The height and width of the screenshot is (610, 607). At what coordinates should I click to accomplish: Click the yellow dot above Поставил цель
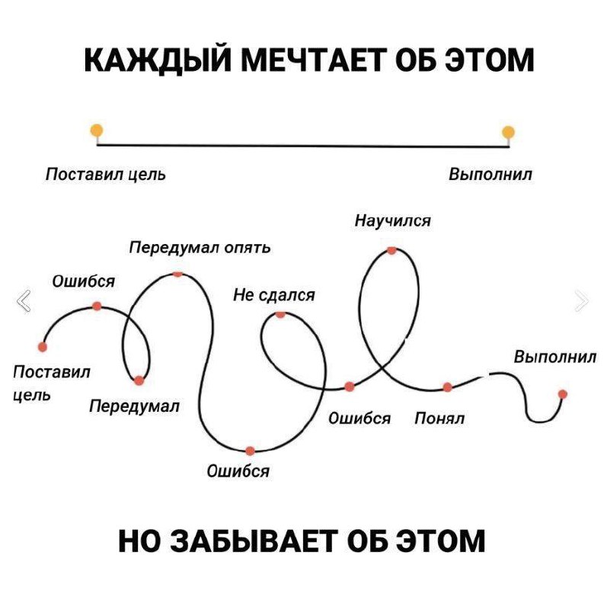point(97,130)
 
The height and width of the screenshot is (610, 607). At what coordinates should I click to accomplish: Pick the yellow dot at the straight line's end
point(508,132)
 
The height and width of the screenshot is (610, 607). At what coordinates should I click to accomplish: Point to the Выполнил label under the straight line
point(490,174)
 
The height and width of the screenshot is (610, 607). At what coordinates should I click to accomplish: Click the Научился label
point(393,221)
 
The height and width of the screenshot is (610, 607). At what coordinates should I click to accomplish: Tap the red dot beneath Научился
point(391,251)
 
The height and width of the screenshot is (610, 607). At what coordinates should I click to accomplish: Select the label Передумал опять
point(200,248)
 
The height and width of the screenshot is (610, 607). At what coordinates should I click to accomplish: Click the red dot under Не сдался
point(280,314)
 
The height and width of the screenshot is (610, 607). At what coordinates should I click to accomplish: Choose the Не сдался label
point(274,296)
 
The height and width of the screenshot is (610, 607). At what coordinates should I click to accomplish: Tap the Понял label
point(439,419)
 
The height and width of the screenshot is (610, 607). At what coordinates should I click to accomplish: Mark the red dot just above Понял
point(448,387)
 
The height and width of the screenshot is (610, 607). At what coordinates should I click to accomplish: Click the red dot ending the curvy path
point(562,394)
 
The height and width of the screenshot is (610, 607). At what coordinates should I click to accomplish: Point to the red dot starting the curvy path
point(43,347)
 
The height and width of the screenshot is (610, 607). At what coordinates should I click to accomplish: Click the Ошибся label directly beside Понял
point(359,419)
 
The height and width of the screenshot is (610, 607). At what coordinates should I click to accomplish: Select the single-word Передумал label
point(135,407)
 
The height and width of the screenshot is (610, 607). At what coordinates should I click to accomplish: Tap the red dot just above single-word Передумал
point(139,380)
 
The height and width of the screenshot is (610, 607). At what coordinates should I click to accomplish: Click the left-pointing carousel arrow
point(24,300)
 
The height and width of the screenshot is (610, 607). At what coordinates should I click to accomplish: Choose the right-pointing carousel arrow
point(582,300)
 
